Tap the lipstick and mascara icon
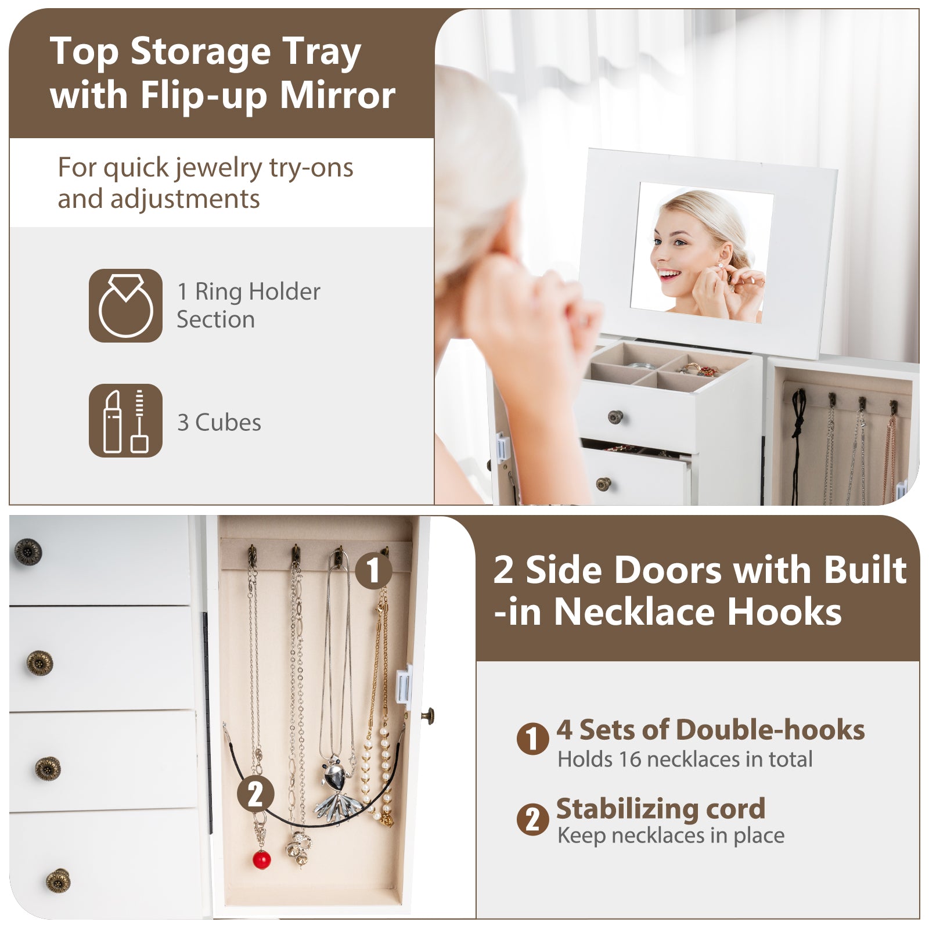[125, 420]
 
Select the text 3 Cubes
[219, 423]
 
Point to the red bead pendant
[262, 859]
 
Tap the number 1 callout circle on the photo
[373, 570]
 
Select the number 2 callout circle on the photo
[255, 793]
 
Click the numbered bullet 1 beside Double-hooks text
[532, 739]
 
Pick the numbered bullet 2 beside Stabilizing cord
[532, 819]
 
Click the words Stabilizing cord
[661, 808]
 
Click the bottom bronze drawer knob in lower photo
[58, 880]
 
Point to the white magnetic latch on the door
[404, 686]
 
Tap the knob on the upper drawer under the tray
[615, 416]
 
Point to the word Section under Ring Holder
[216, 319]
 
